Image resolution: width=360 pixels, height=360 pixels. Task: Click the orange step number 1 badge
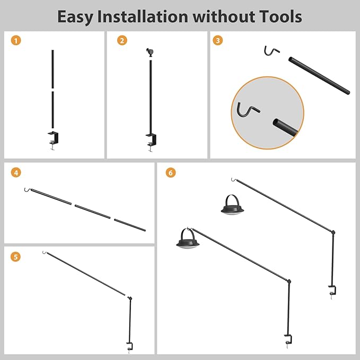click(16, 40)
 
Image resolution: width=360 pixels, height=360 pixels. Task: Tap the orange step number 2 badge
click(122, 40)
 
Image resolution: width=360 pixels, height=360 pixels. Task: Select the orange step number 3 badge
click(218, 40)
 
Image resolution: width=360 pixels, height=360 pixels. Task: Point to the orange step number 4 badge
click(16, 172)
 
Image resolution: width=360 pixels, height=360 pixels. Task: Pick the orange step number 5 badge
click(15, 257)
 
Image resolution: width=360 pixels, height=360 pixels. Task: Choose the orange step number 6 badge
click(171, 172)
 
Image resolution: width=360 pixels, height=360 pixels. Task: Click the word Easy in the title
click(75, 17)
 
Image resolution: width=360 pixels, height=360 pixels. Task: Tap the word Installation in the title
click(143, 16)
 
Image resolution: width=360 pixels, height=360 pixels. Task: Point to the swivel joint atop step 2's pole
click(150, 52)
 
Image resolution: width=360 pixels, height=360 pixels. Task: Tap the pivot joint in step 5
click(130, 298)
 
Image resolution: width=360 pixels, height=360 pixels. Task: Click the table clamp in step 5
click(130, 347)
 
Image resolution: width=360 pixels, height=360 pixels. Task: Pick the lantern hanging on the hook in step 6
click(188, 239)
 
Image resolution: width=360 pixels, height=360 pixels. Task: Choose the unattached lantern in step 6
click(232, 205)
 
